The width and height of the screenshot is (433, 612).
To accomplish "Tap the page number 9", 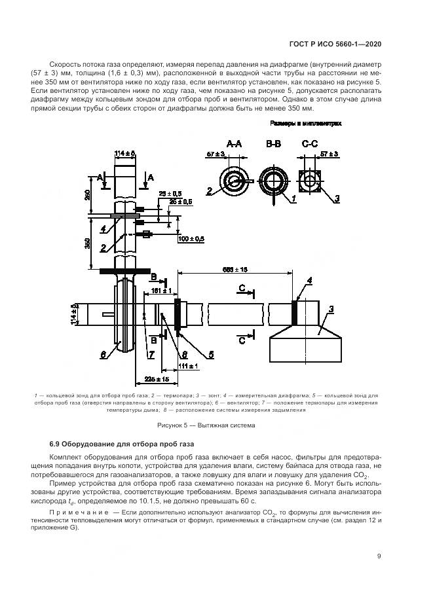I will click(x=379, y=556).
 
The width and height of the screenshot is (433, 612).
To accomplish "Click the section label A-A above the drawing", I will click(x=234, y=143).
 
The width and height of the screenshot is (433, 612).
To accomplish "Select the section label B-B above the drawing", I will click(x=273, y=143).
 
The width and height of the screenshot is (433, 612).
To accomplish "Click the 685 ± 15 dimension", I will click(x=235, y=269).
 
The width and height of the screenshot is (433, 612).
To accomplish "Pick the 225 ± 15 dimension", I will click(x=157, y=380).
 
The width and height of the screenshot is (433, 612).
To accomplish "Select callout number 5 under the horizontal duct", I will click(x=211, y=355).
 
